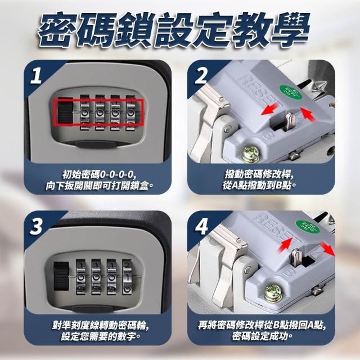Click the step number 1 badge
pyautogui.click(x=36, y=75)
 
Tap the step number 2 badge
pyautogui.click(x=201, y=75)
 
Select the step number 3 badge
pyautogui.click(x=36, y=226)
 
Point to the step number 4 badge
pyautogui.click(x=201, y=226)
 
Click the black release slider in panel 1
pyautogui.click(x=65, y=111)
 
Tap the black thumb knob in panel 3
pyautogui.click(x=61, y=277)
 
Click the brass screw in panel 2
pyautogui.click(x=251, y=154)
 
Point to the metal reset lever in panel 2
pyautogui.click(x=289, y=120)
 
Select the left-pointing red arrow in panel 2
pyautogui.click(x=271, y=110)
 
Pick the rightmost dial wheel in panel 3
pyautogui.click(x=127, y=277)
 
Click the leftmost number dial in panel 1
pyautogui.click(x=84, y=112)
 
